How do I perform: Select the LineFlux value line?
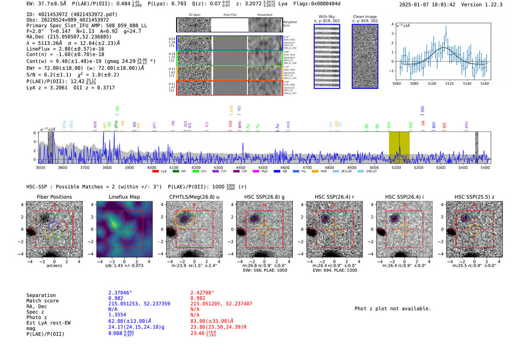pos(65,49)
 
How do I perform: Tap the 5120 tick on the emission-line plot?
pos(449,83)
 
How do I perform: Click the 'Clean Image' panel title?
pos(365,17)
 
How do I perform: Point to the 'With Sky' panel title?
pos(326,17)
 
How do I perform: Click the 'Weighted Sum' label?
pos(290,24)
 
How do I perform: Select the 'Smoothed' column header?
pos(264,15)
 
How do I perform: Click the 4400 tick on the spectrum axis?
pos(240,167)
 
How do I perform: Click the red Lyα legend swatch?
pos(155,172)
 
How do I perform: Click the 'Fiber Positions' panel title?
pos(54,197)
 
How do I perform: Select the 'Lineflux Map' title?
pos(124,197)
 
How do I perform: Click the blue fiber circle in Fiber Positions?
pos(53,226)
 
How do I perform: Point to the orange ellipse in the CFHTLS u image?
pos(185,218)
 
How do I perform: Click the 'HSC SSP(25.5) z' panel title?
pos(474,197)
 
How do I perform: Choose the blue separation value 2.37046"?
pos(120,293)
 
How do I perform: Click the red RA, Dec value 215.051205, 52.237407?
pos(221,304)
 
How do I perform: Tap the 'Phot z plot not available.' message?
pos(393,309)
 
